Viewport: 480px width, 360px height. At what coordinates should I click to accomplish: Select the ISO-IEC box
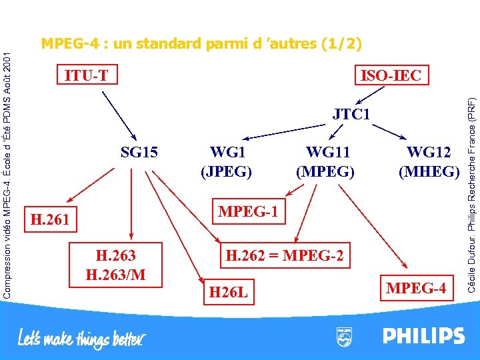[391, 75]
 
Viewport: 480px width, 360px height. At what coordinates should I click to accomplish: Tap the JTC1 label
[351, 115]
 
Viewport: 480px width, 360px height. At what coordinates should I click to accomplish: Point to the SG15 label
[139, 153]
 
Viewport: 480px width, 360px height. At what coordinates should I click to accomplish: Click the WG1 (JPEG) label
[227, 162]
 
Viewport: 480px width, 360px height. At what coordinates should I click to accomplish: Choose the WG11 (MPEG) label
[325, 162]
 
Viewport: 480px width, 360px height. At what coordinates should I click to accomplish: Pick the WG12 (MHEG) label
[429, 162]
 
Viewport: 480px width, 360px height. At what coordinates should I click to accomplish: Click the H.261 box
[51, 218]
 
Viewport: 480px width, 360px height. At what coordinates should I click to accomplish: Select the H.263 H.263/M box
[115, 265]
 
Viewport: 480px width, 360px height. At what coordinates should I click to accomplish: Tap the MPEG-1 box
[248, 212]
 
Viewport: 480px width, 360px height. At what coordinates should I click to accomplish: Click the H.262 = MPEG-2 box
[285, 255]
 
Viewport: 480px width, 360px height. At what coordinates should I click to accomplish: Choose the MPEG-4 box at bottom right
[417, 288]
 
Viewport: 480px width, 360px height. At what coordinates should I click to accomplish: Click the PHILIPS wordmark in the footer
[423, 335]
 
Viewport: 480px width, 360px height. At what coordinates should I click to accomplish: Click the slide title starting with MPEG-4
[201, 44]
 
